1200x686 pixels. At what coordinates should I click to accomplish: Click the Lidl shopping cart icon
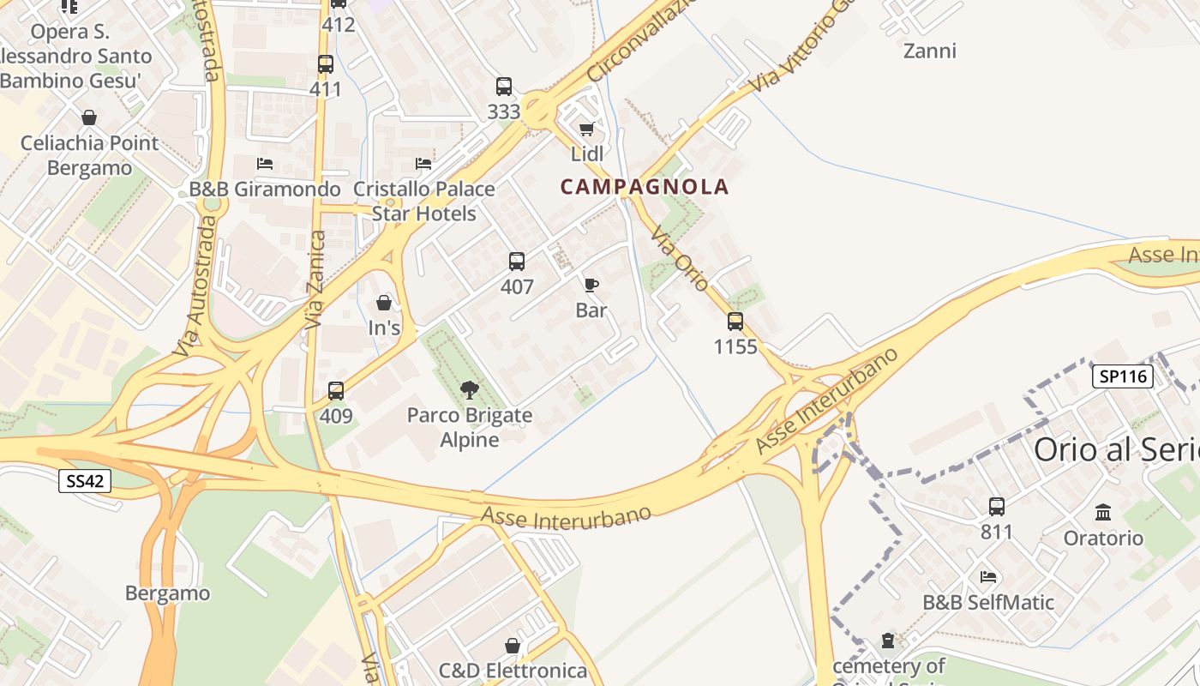[x=586, y=129]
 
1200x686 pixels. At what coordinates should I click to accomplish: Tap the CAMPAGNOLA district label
[x=645, y=187]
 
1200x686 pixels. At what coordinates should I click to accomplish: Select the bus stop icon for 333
[x=504, y=87]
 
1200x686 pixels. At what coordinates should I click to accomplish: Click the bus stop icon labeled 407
[x=516, y=262]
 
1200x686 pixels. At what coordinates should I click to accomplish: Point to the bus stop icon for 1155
[x=735, y=322]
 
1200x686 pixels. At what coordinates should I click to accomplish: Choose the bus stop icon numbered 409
[x=336, y=391]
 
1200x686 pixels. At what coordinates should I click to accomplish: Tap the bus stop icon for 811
[x=996, y=507]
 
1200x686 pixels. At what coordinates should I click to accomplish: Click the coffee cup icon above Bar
[x=591, y=285]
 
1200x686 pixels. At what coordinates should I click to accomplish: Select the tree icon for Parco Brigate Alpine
[x=469, y=390]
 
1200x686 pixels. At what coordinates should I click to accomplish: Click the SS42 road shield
[x=86, y=481]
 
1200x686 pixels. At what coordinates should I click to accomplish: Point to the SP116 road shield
[x=1122, y=376]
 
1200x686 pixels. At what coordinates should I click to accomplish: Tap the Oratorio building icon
[x=1103, y=513]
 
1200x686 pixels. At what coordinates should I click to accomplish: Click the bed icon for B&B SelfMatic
[x=988, y=577]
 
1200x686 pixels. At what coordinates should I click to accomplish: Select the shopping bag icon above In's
[x=384, y=303]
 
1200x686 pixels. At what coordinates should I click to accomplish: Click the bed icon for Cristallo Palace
[x=423, y=163]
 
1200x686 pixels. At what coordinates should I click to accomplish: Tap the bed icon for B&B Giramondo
[x=265, y=163]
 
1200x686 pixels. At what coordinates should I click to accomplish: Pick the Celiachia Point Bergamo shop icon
[x=89, y=117]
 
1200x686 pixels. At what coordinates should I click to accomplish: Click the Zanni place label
[x=930, y=51]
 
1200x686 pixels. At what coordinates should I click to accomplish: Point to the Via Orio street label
[x=679, y=259]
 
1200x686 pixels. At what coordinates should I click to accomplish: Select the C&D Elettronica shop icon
[x=513, y=646]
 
